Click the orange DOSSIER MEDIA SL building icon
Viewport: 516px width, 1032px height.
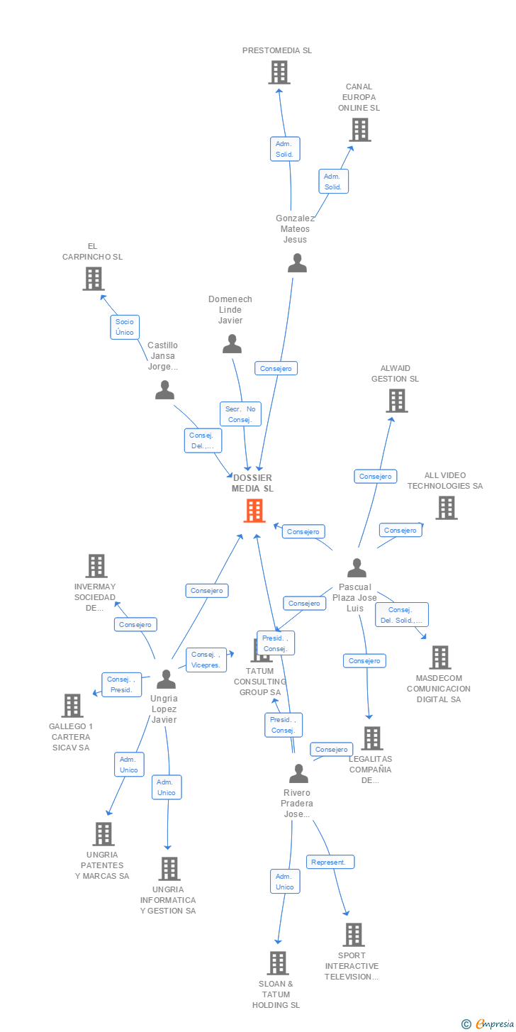[x=254, y=511]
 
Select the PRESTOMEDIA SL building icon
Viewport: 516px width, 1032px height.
[x=279, y=72]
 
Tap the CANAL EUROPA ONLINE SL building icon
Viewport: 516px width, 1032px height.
[x=361, y=130]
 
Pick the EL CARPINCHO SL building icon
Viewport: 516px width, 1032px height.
[x=94, y=279]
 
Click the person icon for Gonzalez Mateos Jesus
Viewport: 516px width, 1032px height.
[x=297, y=263]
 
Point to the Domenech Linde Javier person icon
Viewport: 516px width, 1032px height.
[x=232, y=344]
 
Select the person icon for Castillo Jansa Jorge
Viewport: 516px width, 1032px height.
[x=165, y=390]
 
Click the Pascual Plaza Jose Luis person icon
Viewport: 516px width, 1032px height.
[x=357, y=568]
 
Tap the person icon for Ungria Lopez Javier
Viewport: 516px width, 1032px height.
[x=166, y=679]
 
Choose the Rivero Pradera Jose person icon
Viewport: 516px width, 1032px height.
[x=298, y=774]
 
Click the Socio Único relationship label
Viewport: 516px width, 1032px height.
[x=125, y=327]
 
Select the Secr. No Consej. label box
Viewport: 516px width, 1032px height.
[x=240, y=414]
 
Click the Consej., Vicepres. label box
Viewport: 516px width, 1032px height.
[x=206, y=660]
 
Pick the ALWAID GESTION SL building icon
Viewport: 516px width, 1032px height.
[x=396, y=401]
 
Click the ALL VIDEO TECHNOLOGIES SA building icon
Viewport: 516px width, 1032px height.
[x=446, y=508]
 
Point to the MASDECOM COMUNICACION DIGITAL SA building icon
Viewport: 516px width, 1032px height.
[x=440, y=658]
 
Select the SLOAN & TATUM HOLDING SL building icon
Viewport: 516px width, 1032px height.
[x=278, y=963]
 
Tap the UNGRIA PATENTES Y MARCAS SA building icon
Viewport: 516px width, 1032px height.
[x=103, y=834]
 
